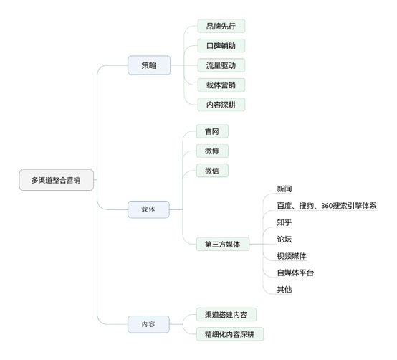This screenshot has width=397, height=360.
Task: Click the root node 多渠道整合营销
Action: click(x=56, y=181)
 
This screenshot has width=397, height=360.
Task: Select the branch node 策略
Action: click(x=149, y=65)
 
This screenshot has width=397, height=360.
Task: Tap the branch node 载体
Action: click(x=149, y=209)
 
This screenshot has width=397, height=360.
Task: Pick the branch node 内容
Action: click(x=149, y=324)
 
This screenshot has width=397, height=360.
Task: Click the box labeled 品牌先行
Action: click(x=221, y=26)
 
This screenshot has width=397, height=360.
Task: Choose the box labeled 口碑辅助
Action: click(x=221, y=46)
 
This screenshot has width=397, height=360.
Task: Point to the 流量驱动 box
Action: click(x=221, y=65)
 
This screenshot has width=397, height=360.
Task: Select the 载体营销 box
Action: click(x=221, y=85)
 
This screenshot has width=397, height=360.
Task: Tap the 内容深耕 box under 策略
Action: click(x=221, y=105)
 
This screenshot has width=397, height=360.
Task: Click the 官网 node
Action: click(x=212, y=131)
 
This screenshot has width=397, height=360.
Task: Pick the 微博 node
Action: click(x=212, y=151)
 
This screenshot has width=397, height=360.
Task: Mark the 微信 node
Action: click(x=212, y=171)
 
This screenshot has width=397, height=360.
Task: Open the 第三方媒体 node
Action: click(x=222, y=245)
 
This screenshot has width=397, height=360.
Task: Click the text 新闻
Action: click(x=284, y=189)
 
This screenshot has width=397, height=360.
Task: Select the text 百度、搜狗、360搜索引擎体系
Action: click(x=326, y=206)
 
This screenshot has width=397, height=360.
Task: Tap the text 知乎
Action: click(x=284, y=222)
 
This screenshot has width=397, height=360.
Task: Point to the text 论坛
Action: click(x=284, y=239)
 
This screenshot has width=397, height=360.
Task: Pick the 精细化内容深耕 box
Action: click(x=230, y=333)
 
